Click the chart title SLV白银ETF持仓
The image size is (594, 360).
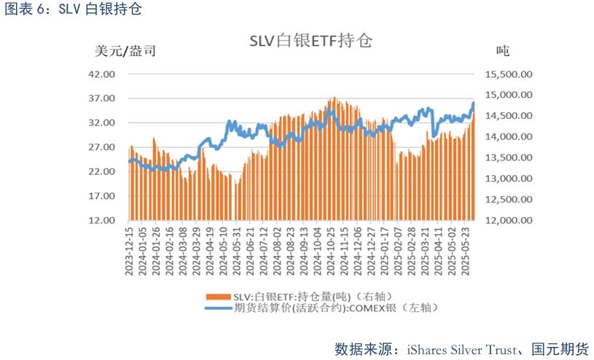click(x=310, y=41)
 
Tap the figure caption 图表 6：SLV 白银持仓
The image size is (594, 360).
click(x=73, y=9)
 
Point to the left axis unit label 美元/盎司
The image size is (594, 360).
click(x=125, y=51)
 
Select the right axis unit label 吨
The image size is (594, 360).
click(x=502, y=51)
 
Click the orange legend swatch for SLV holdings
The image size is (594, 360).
click(x=219, y=297)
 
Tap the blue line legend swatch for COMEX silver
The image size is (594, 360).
click(x=219, y=308)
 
